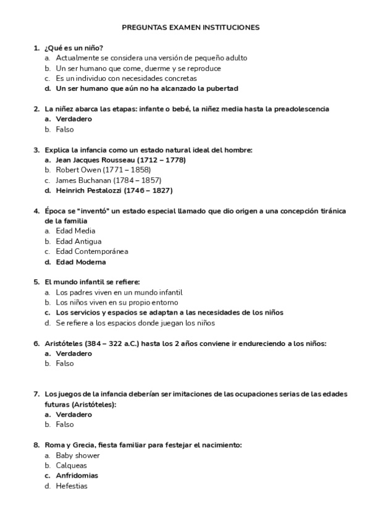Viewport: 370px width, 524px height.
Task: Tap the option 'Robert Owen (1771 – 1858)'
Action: pyautogui.click(x=103, y=170)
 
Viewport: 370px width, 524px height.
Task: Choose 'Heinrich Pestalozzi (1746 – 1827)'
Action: pyautogui.click(x=114, y=190)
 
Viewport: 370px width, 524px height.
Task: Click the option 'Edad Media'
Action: pyautogui.click(x=75, y=231)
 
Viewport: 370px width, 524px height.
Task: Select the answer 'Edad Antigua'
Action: pyautogui.click(x=78, y=242)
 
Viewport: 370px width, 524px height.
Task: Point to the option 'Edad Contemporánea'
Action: pyautogui.click(x=91, y=251)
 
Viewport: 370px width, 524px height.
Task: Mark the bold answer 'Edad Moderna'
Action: pyautogui.click(x=80, y=262)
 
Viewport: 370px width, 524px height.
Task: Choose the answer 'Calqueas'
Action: pyautogui.click(x=71, y=465)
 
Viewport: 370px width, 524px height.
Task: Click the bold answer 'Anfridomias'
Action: pyautogui.click(x=77, y=476)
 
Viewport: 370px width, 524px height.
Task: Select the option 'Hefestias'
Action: pyautogui.click(x=71, y=486)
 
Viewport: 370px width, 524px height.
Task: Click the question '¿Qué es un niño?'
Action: pyautogui.click(x=74, y=48)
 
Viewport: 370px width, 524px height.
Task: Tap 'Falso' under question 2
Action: pyautogui.click(x=64, y=130)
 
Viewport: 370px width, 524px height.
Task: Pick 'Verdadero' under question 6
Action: pyautogui.click(x=74, y=353)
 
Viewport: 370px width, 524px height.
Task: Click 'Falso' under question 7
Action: pyautogui.click(x=64, y=425)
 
